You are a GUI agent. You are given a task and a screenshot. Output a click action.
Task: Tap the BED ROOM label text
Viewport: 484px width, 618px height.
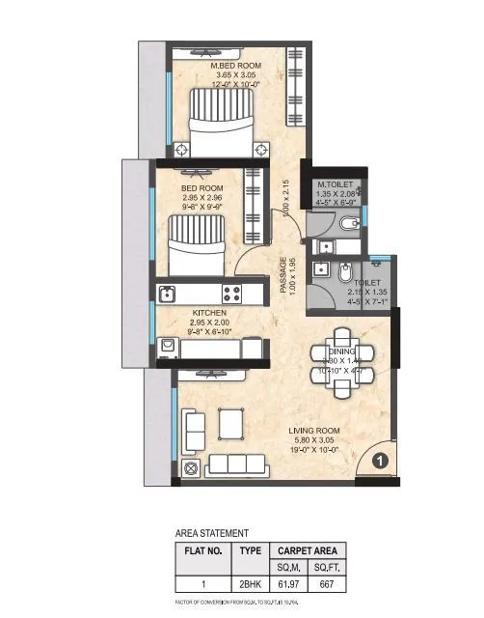click(203, 187)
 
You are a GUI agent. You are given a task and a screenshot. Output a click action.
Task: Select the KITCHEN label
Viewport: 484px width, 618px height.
click(209, 313)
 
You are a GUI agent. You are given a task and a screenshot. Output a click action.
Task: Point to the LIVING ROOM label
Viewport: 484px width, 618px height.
click(320, 431)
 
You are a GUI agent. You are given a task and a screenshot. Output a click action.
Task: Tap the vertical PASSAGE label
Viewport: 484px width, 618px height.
click(283, 274)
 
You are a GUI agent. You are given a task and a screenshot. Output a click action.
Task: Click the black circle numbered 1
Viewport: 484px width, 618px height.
click(380, 462)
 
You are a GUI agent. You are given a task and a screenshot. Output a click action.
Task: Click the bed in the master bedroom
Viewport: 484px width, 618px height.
click(223, 121)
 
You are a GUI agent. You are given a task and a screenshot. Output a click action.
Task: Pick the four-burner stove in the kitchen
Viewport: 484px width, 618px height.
click(232, 292)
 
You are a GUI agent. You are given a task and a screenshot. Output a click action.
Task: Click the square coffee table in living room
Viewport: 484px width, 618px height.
click(231, 422)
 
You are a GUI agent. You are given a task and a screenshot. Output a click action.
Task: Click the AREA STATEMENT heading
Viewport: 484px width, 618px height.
click(211, 532)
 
